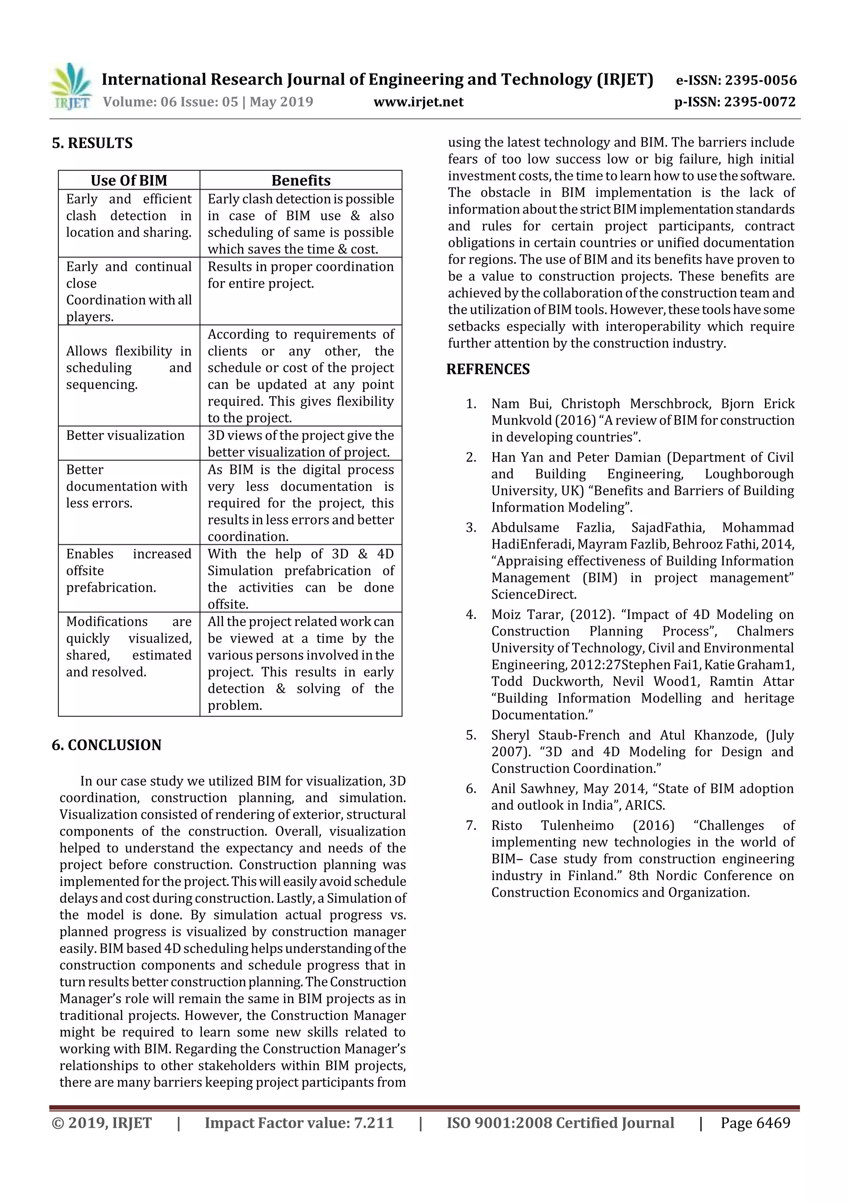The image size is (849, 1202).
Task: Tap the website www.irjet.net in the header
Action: (x=418, y=102)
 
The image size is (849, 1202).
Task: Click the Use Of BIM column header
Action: (x=129, y=180)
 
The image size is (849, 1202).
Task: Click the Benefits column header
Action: (x=301, y=180)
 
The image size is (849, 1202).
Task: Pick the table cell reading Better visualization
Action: (x=125, y=436)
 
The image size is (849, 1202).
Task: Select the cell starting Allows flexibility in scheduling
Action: (x=129, y=368)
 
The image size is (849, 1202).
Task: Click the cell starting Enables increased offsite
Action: (x=129, y=571)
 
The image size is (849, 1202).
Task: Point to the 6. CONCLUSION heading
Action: (x=106, y=745)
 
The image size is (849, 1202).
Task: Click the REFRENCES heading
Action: (x=488, y=369)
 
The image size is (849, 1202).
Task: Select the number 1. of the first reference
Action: (x=471, y=404)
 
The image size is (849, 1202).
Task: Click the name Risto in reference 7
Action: (x=506, y=826)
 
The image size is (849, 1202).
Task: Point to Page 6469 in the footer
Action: (x=755, y=1123)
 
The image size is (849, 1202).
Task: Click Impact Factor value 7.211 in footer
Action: (x=299, y=1123)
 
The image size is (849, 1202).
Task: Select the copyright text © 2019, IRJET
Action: (x=102, y=1123)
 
